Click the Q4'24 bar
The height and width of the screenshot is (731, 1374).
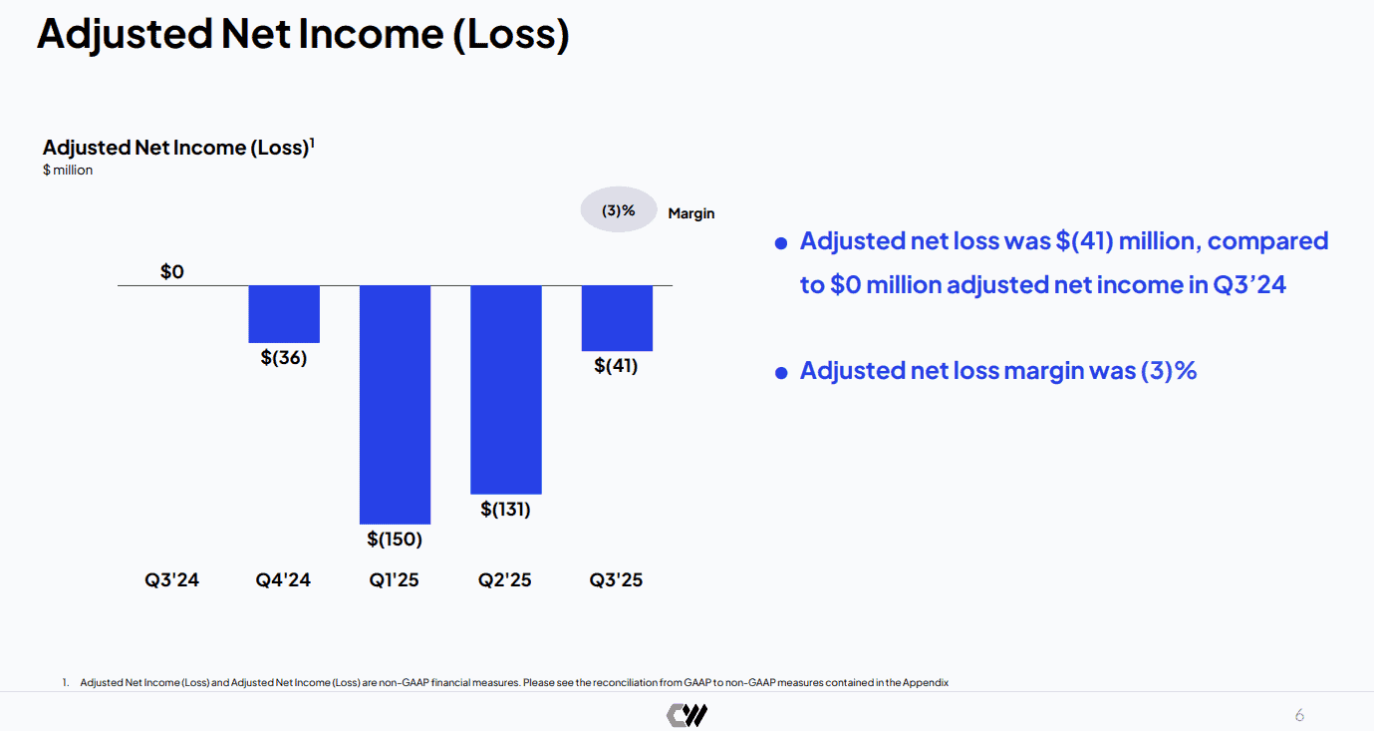click(284, 314)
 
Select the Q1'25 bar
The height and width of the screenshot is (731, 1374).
click(395, 405)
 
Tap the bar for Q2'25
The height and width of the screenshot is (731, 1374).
click(506, 390)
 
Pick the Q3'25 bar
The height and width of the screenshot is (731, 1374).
click(617, 318)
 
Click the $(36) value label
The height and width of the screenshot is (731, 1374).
click(283, 358)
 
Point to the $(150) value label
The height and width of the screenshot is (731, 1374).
click(395, 539)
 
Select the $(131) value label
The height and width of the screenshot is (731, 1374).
click(505, 509)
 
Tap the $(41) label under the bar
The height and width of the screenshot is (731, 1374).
click(616, 366)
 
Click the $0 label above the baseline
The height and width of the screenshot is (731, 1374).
click(171, 271)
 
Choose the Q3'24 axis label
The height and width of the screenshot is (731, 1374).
click(171, 580)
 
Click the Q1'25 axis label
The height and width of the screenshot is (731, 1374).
click(394, 580)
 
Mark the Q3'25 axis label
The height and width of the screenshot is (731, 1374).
click(616, 580)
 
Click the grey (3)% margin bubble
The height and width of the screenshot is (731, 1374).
click(619, 209)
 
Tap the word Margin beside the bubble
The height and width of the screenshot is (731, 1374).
click(691, 213)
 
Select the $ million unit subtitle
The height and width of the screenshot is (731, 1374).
click(68, 170)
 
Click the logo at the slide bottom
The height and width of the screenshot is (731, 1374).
click(687, 715)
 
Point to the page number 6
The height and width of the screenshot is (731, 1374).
click(1299, 715)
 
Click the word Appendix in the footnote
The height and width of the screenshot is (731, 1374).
click(925, 682)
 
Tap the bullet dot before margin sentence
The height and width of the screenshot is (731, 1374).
click(781, 373)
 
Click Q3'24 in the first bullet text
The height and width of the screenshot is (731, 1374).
click(1248, 285)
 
